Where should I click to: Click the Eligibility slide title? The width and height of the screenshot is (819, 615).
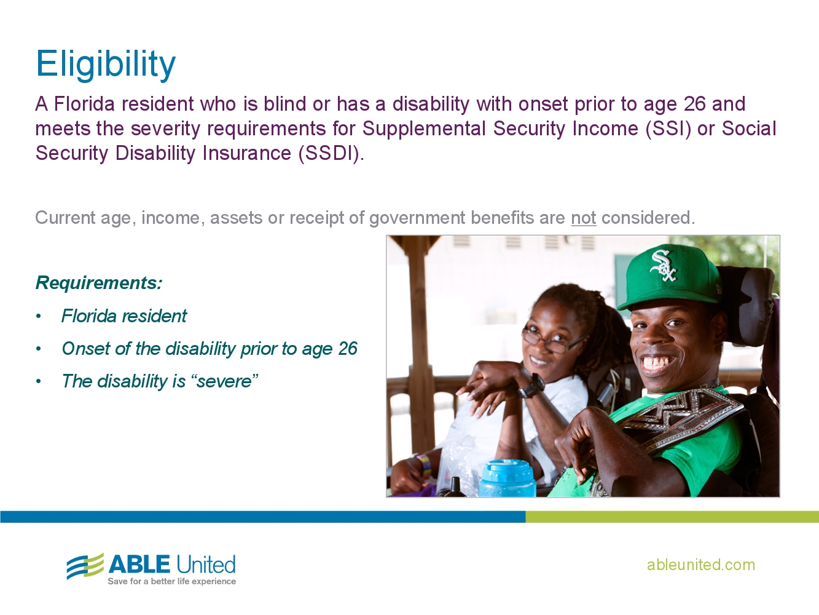coord(106,64)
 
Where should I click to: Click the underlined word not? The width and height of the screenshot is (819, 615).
coord(584,218)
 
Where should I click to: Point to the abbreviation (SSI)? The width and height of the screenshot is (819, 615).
coord(668,129)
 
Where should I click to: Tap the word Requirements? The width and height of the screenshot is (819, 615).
coord(99,283)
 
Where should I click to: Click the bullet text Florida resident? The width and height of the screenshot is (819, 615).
coord(124,316)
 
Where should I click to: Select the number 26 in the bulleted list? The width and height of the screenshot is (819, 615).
coord(348,348)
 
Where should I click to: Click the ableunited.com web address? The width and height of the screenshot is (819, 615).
coord(700,565)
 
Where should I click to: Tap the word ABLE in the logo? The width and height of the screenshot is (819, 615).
coord(139,564)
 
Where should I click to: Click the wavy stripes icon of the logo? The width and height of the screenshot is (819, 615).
coord(85,566)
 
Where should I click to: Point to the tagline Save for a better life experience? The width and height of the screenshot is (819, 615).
coord(171,581)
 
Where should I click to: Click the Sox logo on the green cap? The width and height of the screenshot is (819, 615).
coord(663,266)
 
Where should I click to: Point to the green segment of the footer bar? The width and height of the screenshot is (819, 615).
coord(672,517)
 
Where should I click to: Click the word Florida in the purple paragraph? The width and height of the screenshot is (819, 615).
coord(84,104)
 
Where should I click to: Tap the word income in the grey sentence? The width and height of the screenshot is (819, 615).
coord(173,218)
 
